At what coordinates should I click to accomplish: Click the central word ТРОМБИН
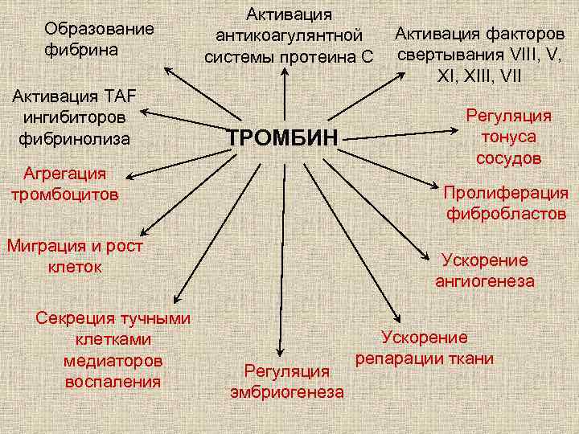282,137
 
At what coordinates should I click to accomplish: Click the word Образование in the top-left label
99,29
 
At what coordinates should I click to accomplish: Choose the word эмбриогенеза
287,392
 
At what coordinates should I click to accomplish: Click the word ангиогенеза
485,280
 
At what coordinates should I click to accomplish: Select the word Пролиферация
506,193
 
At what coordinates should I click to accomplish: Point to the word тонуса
508,137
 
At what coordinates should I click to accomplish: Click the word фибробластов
507,214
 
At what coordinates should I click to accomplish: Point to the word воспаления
113,381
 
